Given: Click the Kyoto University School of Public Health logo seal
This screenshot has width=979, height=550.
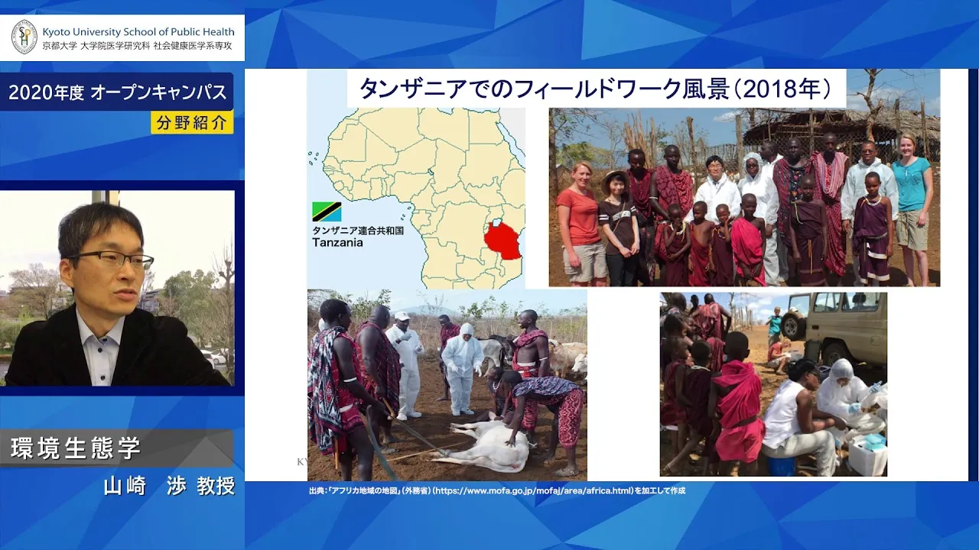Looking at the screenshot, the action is pos(24,37).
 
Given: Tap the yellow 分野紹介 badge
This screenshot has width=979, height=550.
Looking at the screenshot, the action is pos(192,123).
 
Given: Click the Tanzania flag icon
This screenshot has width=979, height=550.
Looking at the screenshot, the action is pos(327,212).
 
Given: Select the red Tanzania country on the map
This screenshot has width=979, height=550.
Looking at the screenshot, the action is pos(503,240).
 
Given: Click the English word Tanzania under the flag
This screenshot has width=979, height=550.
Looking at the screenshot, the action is pos(337,243).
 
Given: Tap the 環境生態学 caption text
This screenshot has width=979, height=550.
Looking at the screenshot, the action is pos(75,448).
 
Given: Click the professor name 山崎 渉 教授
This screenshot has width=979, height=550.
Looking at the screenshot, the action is pos(170,486).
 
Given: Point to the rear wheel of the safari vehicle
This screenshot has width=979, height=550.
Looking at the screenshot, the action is pos(794,324).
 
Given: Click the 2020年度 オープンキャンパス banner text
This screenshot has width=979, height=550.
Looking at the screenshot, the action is pos(118,92).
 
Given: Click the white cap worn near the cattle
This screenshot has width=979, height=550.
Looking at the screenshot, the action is pos(402,315).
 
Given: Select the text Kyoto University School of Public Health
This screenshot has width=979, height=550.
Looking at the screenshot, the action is pos(138,32).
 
